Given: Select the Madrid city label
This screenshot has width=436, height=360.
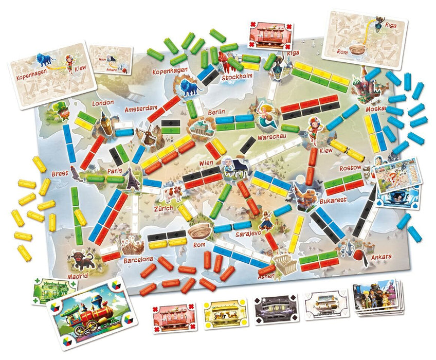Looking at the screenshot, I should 78,276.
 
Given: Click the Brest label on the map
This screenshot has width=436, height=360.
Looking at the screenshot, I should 60,173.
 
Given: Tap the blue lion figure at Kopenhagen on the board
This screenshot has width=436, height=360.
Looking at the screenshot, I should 189,87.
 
